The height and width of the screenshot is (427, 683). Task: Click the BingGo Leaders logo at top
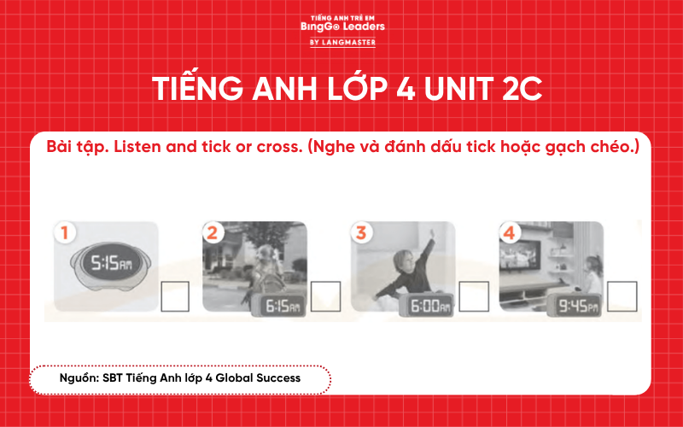[x=342, y=26]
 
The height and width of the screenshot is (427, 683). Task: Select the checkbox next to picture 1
[x=175, y=296]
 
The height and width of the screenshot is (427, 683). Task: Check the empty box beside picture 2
[x=325, y=296]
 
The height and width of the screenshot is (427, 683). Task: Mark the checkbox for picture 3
[x=473, y=296]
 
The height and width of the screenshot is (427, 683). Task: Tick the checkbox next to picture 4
[x=622, y=296]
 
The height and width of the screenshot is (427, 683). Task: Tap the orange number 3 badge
[x=361, y=231]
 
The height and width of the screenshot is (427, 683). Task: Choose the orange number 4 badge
[x=509, y=231]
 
